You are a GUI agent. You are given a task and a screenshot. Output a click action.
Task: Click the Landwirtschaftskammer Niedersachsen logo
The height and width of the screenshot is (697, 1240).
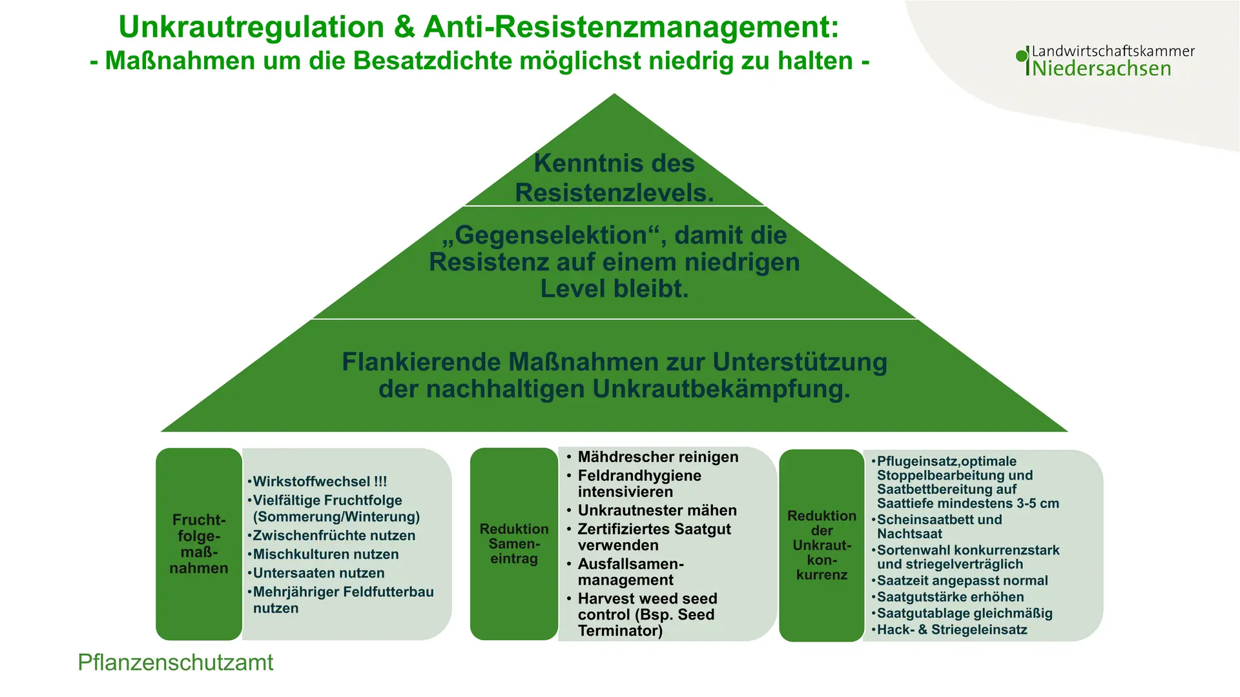pyautogui.click(x=1105, y=61)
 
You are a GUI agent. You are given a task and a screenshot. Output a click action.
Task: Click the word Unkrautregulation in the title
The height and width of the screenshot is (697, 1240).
pyautogui.click(x=251, y=27)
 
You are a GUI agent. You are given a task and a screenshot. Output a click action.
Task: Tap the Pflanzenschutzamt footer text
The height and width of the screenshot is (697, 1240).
pyautogui.click(x=175, y=663)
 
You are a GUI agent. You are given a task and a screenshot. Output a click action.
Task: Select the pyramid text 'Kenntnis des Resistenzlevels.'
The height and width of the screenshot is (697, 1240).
pyautogui.click(x=614, y=177)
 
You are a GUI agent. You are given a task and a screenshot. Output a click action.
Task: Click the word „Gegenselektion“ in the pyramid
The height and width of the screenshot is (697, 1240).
pyautogui.click(x=553, y=236)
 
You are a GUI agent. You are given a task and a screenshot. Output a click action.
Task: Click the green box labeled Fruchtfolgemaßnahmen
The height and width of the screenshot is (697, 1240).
pyautogui.click(x=199, y=544)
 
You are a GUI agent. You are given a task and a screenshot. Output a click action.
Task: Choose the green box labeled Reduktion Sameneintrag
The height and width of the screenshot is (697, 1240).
pyautogui.click(x=514, y=544)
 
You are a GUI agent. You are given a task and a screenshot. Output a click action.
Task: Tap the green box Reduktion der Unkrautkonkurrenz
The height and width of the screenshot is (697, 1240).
pyautogui.click(x=821, y=545)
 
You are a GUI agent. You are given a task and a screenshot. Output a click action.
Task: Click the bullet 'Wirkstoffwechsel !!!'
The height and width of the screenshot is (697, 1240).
pyautogui.click(x=317, y=481)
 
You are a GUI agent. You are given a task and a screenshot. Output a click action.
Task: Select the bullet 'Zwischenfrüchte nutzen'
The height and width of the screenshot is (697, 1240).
pyautogui.click(x=331, y=536)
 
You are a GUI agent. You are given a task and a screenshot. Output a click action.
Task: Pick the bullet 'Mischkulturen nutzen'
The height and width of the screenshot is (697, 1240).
pyautogui.click(x=323, y=554)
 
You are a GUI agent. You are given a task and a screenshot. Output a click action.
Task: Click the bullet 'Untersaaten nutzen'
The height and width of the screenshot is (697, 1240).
pyautogui.click(x=316, y=573)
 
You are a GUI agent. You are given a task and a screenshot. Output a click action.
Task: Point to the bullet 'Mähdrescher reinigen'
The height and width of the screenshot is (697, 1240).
pyautogui.click(x=652, y=457)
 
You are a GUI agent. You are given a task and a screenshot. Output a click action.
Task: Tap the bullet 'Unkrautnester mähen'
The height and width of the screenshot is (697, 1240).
pyautogui.click(x=652, y=510)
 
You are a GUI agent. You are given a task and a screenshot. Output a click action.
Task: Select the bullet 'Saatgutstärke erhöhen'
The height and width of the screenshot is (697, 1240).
pyautogui.click(x=947, y=597)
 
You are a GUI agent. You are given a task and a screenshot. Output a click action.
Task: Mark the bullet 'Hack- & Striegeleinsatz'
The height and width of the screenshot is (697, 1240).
pyautogui.click(x=949, y=630)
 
